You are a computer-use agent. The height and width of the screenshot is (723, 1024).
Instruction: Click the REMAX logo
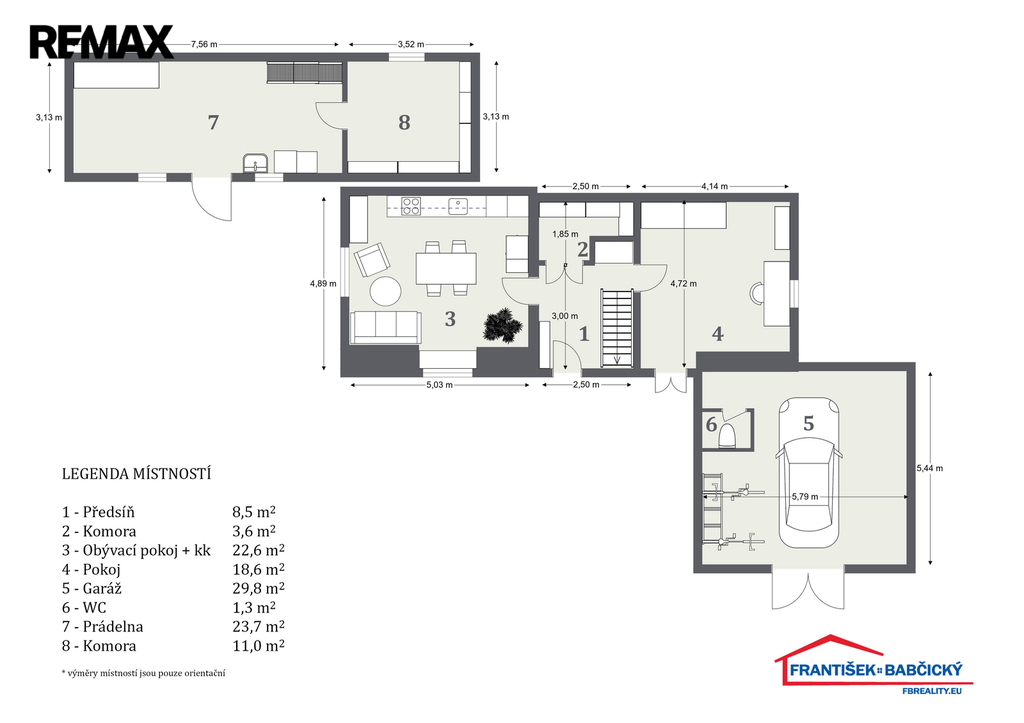[101, 42]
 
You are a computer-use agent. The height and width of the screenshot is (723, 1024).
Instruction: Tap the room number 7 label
[213, 122]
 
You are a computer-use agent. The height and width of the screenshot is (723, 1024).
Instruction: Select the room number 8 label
[404, 122]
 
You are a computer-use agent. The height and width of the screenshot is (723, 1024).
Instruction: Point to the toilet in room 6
[727, 434]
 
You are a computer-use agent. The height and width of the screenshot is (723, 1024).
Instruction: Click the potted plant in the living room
[503, 324]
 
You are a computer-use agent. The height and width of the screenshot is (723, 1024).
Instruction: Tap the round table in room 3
[385, 291]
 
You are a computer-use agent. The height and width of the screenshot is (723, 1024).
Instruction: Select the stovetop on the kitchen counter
[411, 206]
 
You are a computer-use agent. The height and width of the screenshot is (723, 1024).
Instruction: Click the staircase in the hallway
[617, 329]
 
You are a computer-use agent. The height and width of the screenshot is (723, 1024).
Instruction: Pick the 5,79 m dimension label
[805, 496]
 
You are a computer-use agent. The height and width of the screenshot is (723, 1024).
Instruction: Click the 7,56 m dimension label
[204, 44]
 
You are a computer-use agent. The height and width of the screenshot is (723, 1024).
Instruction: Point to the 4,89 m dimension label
[323, 283]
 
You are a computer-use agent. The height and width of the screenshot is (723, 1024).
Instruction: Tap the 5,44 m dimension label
[930, 468]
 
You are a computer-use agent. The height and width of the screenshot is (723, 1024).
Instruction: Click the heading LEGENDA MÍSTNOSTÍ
[136, 474]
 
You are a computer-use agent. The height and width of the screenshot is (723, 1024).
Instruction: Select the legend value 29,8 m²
[259, 588]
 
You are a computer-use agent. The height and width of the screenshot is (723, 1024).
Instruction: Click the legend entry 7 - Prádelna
[103, 626]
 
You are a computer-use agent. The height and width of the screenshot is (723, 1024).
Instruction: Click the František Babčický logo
[873, 664]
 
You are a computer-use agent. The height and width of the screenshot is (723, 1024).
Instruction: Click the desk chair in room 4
[757, 293]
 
